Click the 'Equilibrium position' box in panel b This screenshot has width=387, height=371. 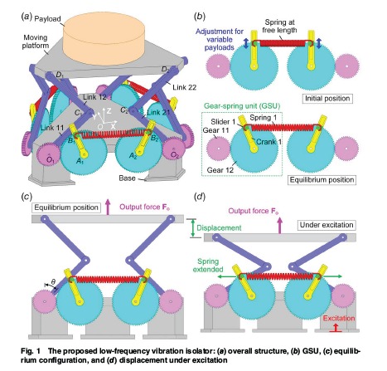(337, 178)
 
